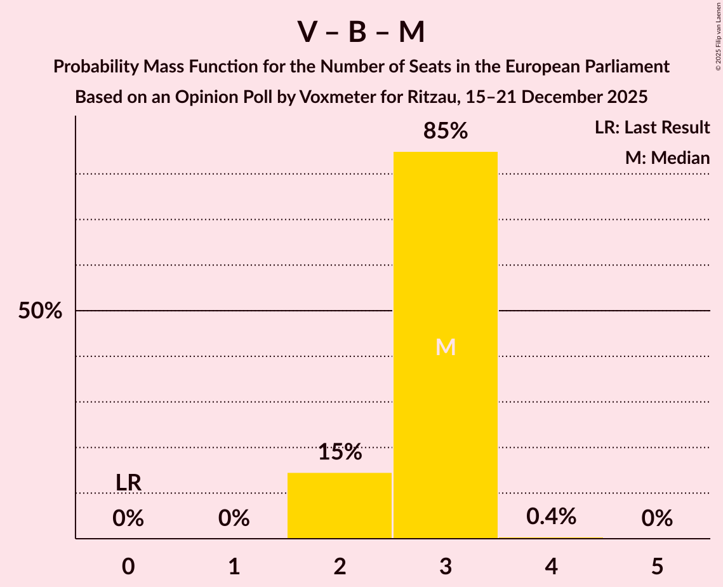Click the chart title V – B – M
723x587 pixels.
361,32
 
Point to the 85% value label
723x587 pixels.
446,132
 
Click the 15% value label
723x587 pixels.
340,452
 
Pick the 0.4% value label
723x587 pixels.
551,516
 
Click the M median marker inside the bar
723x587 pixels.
446,347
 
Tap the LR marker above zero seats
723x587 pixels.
128,483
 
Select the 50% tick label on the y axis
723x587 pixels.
40,311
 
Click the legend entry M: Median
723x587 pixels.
667,158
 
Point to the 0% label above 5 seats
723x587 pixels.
657,519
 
